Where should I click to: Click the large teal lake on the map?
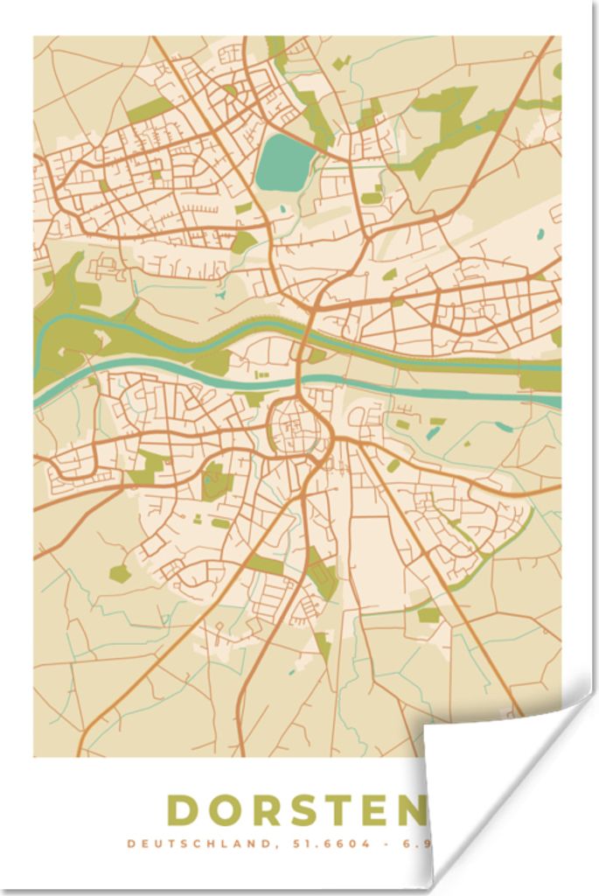[285, 163]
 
